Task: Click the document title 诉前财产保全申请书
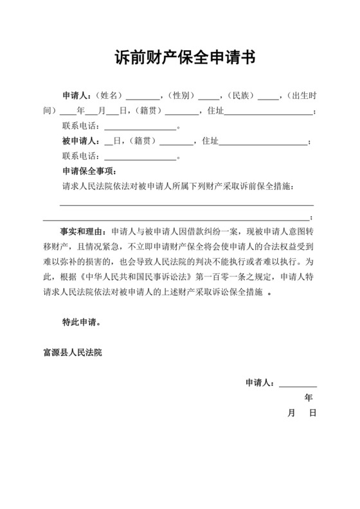tap(179, 58)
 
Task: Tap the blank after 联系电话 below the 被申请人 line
tap(139, 157)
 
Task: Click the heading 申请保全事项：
tap(89, 171)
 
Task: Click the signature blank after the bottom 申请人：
tap(297, 384)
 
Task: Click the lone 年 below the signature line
tap(309, 398)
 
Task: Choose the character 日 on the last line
tap(312, 413)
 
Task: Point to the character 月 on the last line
tap(291, 413)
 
